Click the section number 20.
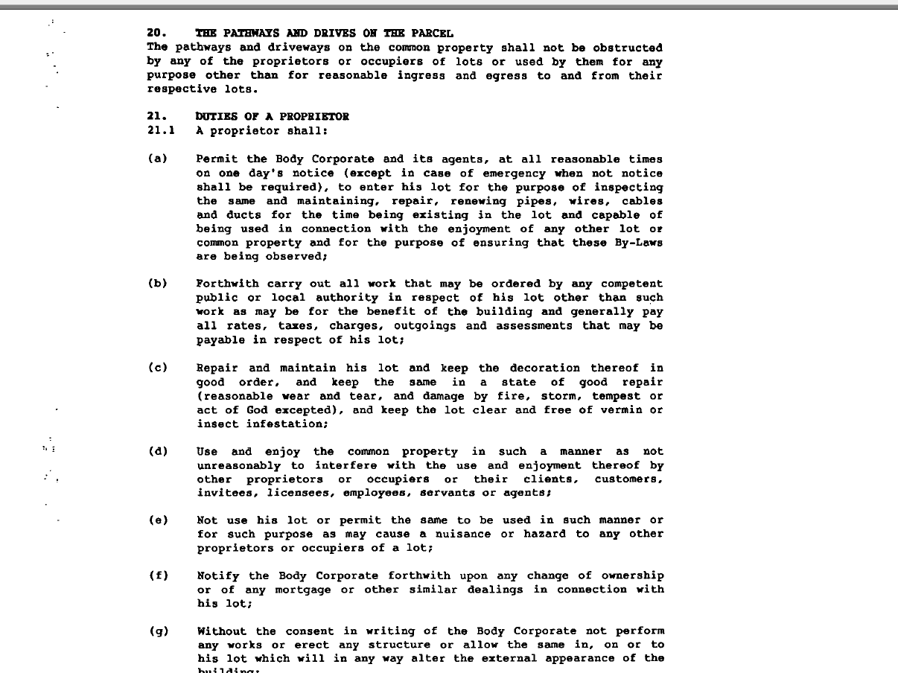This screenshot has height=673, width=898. pyautogui.click(x=155, y=34)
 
